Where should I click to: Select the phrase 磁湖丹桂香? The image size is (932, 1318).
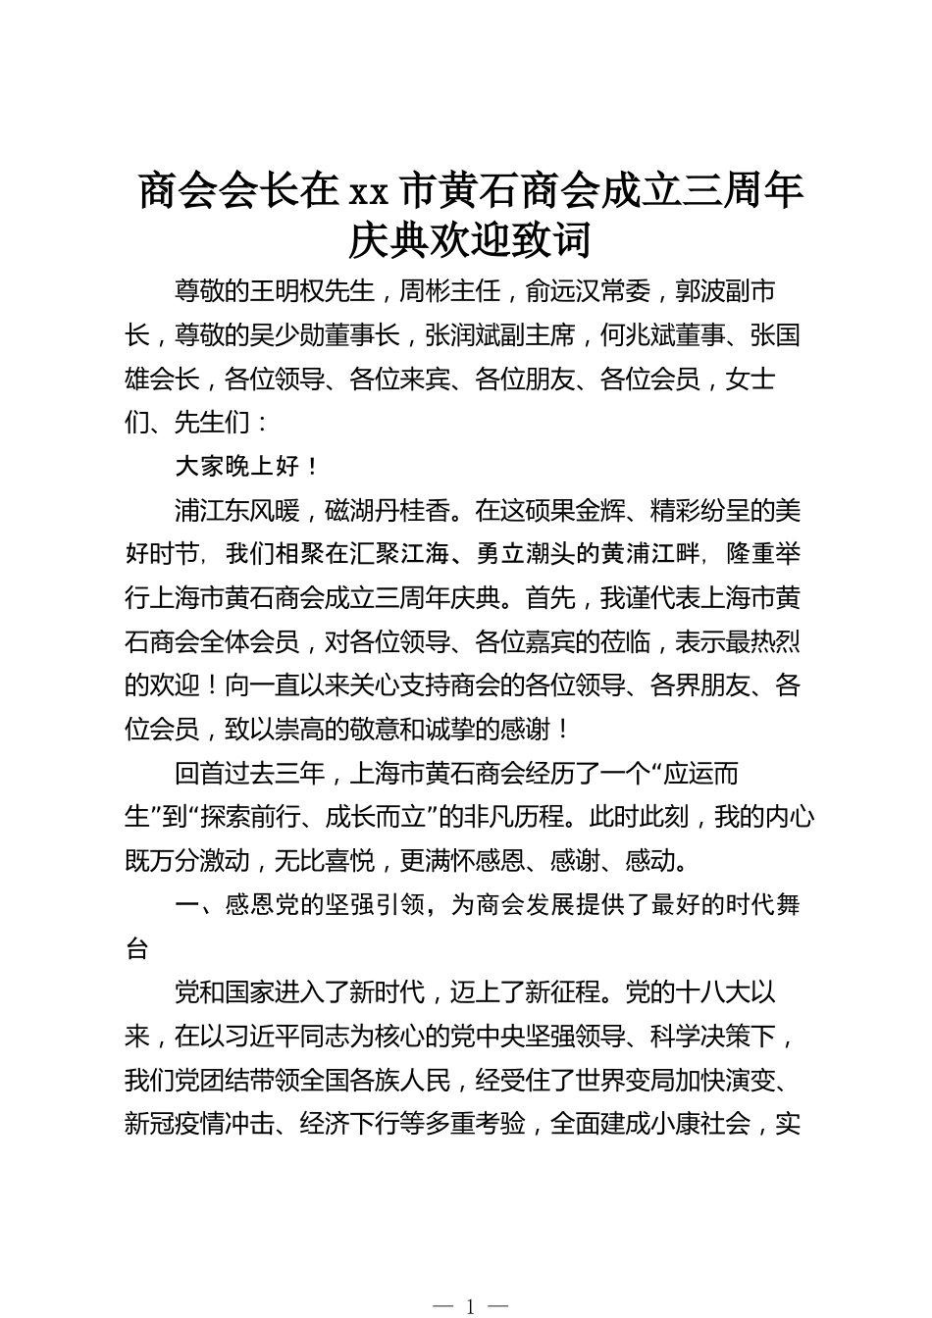tap(388, 511)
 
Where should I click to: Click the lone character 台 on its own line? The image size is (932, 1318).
tap(137, 948)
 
